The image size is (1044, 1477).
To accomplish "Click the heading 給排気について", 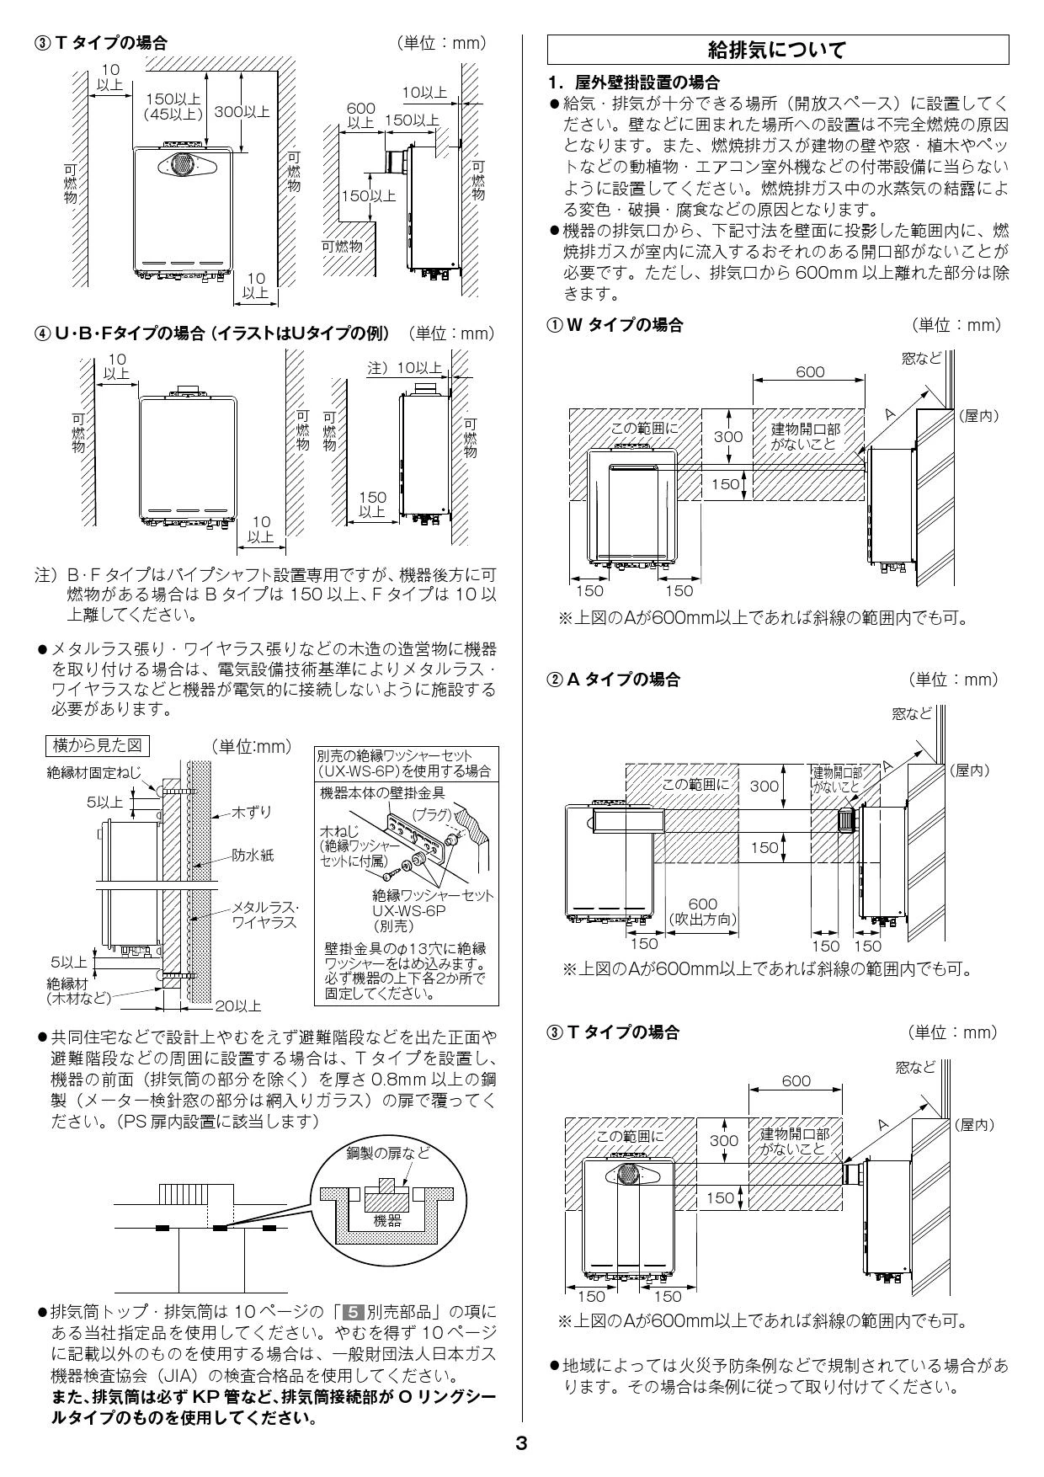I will (x=777, y=51).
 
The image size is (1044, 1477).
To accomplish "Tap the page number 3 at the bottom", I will (x=521, y=1443).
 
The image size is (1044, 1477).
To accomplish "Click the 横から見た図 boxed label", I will (x=101, y=745).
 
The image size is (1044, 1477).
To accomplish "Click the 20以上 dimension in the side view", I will (x=238, y=1005).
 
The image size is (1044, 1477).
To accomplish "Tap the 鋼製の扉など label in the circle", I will (x=387, y=1153).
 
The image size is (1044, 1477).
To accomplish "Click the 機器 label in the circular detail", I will (x=387, y=1220).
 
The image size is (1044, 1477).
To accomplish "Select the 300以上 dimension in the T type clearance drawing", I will (x=242, y=111).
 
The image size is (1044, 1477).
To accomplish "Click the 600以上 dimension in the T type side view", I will (x=360, y=115).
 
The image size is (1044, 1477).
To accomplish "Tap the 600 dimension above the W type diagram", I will (x=809, y=372).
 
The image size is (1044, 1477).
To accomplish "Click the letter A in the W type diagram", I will (x=891, y=413).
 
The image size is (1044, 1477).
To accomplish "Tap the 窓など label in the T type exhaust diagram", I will (x=915, y=1068).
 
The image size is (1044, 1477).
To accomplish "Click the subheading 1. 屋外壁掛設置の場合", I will (x=633, y=82).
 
